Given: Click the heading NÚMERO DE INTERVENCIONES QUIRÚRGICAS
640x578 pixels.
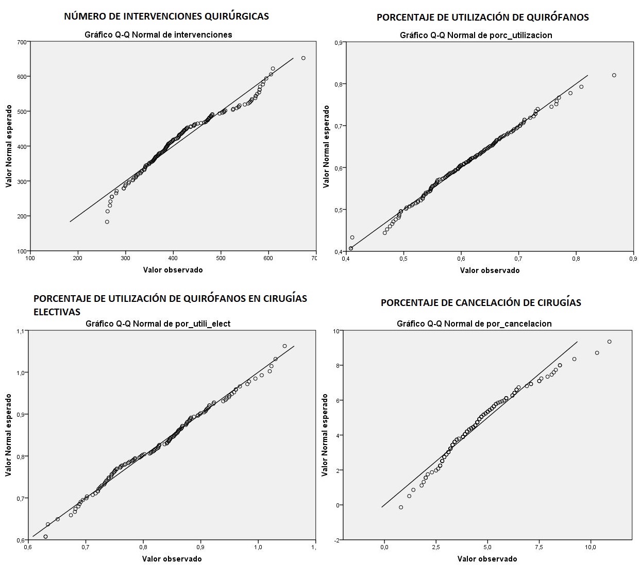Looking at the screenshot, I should coord(166,16).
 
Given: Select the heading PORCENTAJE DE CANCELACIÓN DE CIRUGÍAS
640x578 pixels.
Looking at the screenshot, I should coord(481,303).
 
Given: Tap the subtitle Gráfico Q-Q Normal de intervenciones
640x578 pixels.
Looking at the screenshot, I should coord(158,35).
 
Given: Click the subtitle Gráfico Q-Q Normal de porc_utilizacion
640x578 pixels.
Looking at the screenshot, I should coord(476,35).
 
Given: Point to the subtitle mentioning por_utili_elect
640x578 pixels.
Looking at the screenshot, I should coord(158,324).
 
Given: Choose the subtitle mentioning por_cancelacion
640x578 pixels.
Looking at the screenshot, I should coord(474,324).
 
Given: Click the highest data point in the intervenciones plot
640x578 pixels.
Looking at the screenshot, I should coord(304,58).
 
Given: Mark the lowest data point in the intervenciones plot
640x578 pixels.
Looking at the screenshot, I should coord(107,222).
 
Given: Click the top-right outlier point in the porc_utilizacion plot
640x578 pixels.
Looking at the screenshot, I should coord(614,75).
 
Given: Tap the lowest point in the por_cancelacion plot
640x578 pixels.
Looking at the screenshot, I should coord(401,507).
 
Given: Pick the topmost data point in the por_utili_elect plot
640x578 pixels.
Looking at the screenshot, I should coord(284,346).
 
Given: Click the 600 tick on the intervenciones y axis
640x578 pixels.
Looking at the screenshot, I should coord(22,77).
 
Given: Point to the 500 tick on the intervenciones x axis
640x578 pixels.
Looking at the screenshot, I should coord(221,258).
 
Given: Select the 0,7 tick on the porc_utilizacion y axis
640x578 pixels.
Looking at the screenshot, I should coord(339,126).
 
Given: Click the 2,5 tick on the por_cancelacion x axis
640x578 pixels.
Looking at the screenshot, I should coord(436,548).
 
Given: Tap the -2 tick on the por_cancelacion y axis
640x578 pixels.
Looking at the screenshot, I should coord(336,540).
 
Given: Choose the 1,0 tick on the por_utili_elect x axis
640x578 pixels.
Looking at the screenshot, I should coord(258,547).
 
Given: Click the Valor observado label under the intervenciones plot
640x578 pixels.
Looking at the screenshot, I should coord(173,270).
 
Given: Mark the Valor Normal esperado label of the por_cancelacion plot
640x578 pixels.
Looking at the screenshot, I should coord(325,435).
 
